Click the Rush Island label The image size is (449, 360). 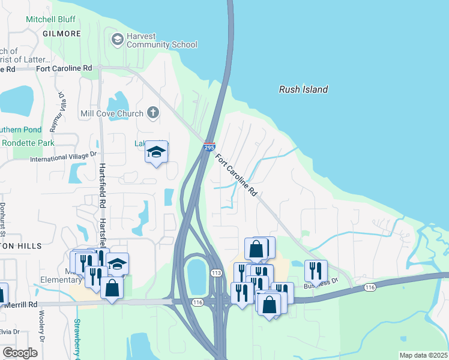pos(303,89)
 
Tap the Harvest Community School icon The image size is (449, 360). pos(117,40)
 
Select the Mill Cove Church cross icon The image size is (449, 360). pos(153,113)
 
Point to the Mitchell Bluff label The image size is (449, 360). pos(50,19)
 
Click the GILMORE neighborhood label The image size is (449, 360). pos(62,34)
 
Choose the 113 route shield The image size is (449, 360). pos(216,272)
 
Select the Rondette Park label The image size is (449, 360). pos(28,143)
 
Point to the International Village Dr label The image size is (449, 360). pos(63,157)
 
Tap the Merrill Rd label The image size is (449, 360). pos(20,305)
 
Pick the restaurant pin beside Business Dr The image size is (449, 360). pos(315,271)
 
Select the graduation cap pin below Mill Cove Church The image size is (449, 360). pos(156,152)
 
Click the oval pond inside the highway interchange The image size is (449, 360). pos(196,277)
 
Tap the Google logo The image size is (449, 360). pos(20,352)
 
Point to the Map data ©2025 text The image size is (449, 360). pos(423,355)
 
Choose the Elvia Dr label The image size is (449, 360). pos(10,331)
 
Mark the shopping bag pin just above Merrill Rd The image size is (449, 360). pos(112,287)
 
